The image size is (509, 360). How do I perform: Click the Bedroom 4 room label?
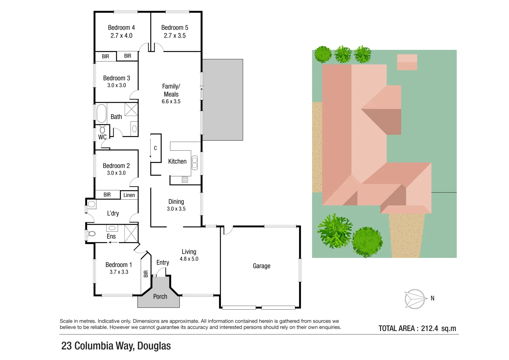click(121, 28)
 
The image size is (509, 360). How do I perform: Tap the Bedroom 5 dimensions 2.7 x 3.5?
click(175, 36)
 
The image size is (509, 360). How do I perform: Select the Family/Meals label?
click(171, 90)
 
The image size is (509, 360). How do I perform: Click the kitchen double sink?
click(195, 162)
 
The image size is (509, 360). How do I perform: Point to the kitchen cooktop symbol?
click(185, 180)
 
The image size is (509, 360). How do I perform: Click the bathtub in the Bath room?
click(101, 113)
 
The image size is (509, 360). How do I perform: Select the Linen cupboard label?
click(129, 195)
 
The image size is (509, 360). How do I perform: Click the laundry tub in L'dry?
click(91, 204)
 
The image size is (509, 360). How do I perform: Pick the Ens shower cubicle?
click(131, 233)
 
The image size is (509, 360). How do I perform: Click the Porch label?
click(160, 296)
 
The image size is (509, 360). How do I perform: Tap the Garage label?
click(261, 266)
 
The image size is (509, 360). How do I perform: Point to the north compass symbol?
click(415, 299)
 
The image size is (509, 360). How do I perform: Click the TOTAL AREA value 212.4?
click(429, 328)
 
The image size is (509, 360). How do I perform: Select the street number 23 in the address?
click(66, 346)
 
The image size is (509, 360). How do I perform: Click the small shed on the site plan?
click(407, 62)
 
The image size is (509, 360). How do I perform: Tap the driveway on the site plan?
click(406, 235)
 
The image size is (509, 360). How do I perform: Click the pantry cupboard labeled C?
click(155, 148)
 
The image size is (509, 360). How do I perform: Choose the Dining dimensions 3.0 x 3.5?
click(176, 209)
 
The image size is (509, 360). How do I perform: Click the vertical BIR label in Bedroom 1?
click(146, 274)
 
